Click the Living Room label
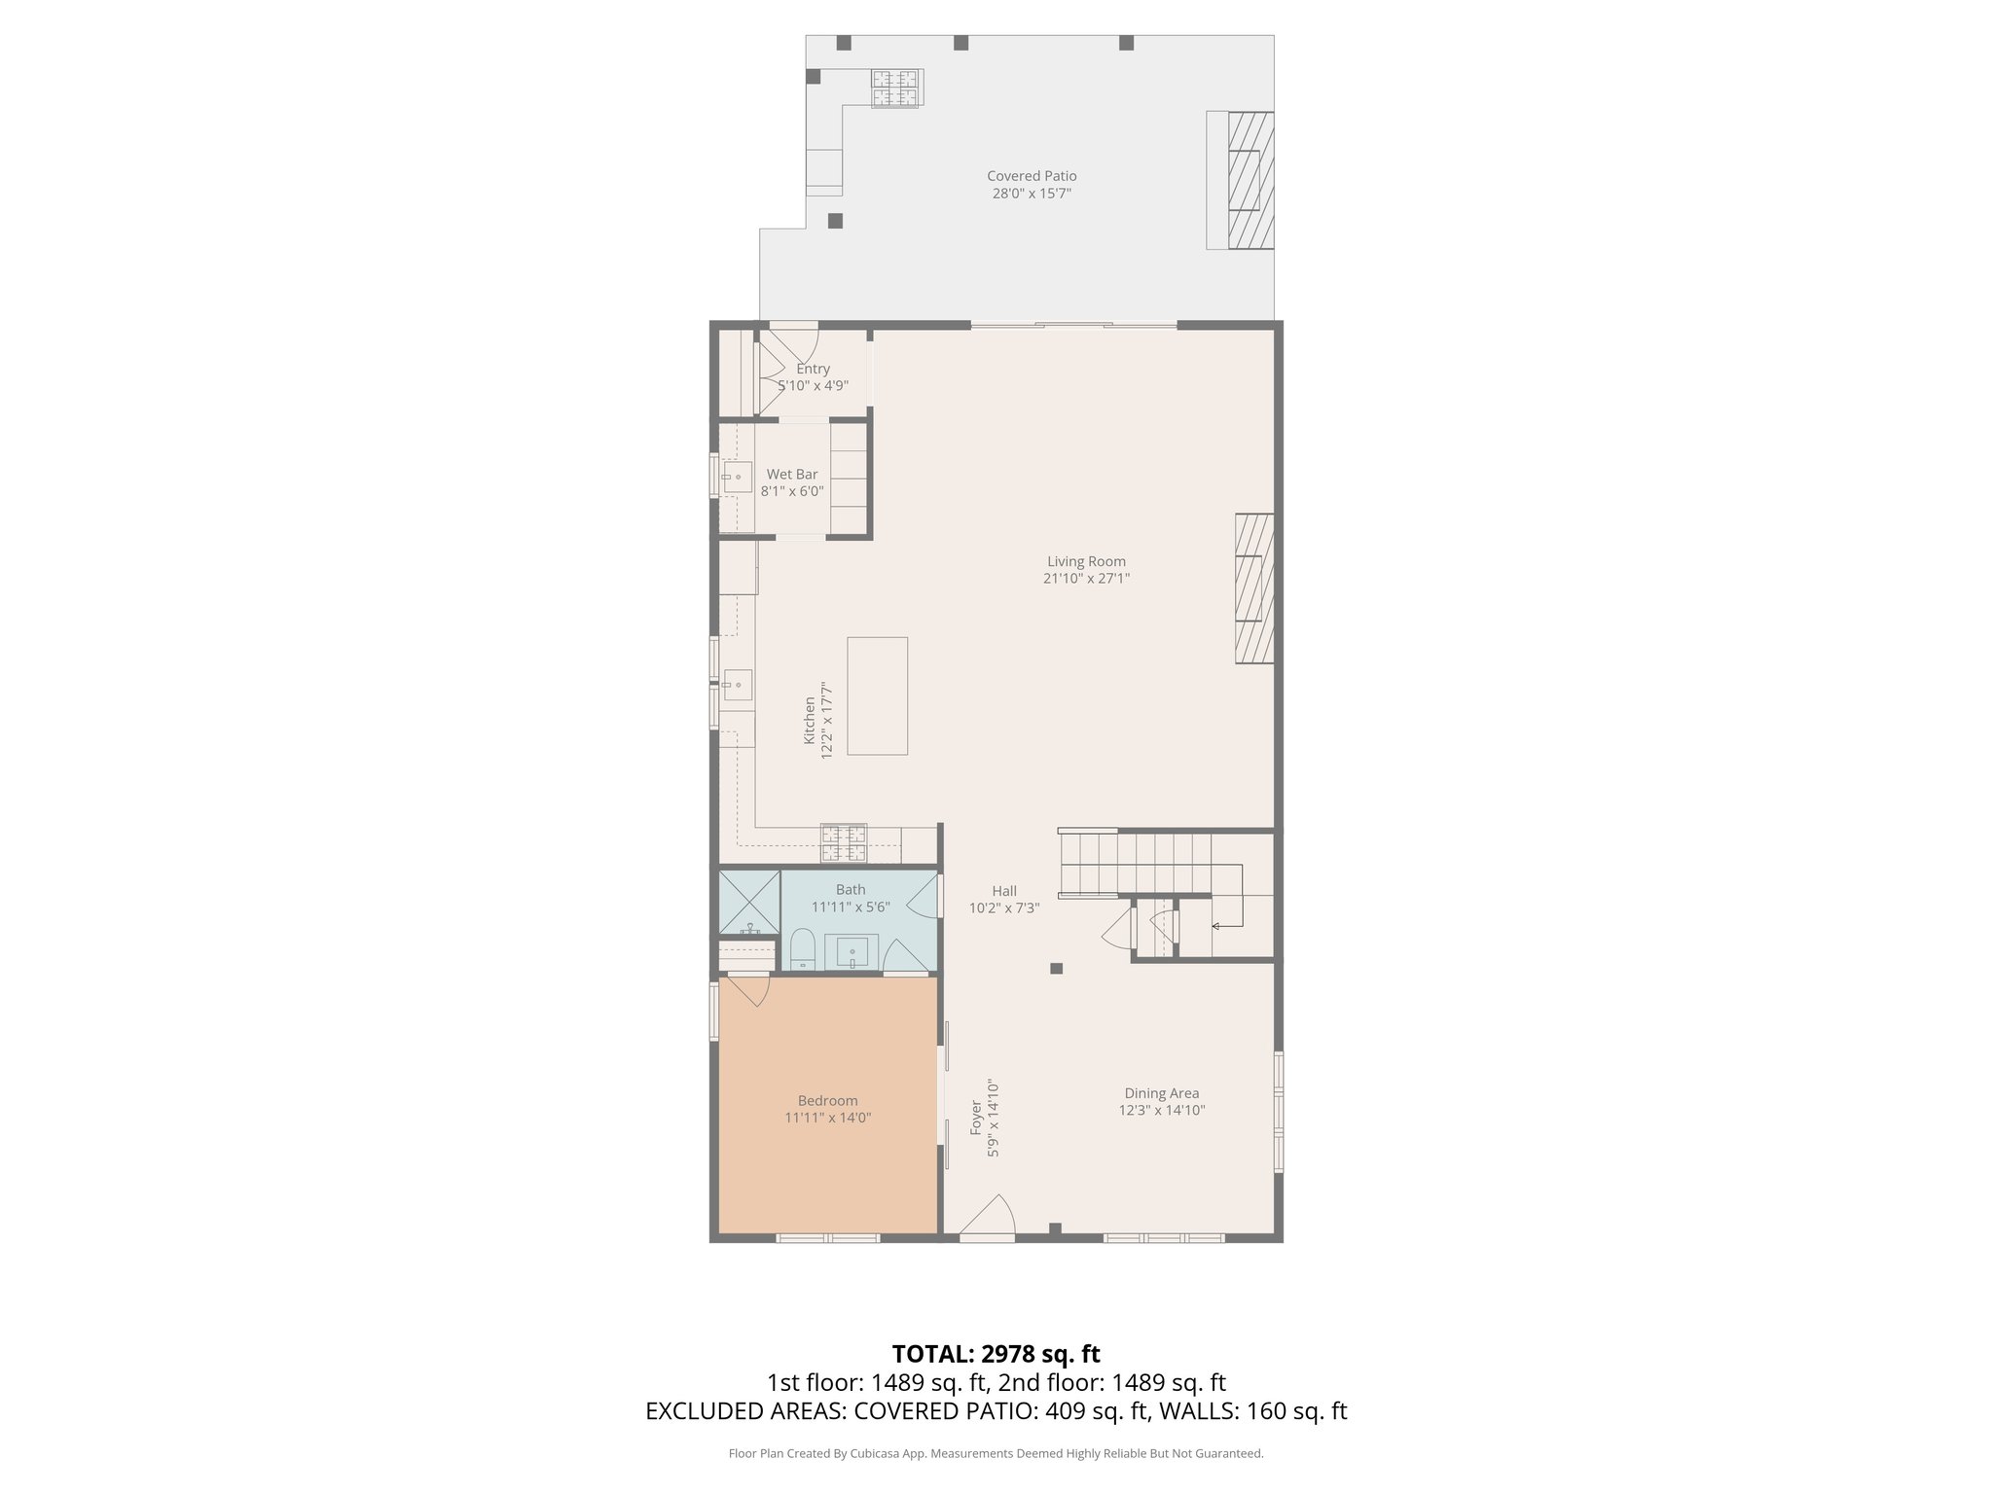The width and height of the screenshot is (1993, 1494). [1086, 561]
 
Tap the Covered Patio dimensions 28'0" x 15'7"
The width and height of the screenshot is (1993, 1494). [1032, 194]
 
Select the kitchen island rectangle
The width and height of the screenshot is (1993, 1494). [877, 695]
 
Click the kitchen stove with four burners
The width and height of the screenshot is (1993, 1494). [844, 843]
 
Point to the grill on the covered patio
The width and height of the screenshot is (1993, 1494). [894, 89]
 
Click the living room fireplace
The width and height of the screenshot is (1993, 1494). [1254, 588]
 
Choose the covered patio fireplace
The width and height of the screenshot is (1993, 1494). [1250, 180]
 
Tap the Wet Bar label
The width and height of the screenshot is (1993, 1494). [791, 475]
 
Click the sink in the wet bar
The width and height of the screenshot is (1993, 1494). [737, 477]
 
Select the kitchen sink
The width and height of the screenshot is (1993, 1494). [737, 685]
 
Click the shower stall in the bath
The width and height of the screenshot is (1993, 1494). [748, 902]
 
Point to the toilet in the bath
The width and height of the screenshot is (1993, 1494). [802, 950]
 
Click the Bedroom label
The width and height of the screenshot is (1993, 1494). [827, 1101]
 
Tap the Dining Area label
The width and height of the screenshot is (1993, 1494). [1161, 1093]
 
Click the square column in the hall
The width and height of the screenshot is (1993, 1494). [1056, 968]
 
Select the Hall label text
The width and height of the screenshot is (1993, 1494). [1004, 891]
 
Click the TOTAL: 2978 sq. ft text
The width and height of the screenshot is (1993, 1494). [996, 1354]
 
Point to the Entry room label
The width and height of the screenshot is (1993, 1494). [813, 369]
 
